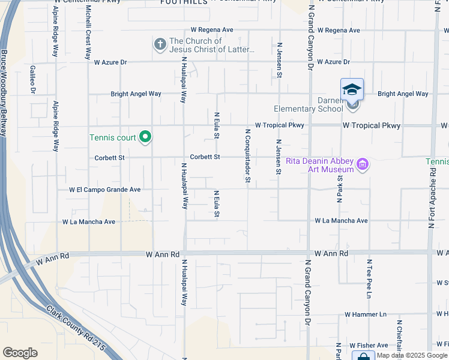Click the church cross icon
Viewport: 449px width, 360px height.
(x=160, y=44)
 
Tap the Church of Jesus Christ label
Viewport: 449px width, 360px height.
(x=212, y=46)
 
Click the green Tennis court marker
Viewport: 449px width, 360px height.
(x=145, y=137)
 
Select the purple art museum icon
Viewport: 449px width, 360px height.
(x=362, y=164)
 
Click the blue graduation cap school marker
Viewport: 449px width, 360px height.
(x=352, y=89)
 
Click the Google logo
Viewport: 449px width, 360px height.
(x=20, y=353)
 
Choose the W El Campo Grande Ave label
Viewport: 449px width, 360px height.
(x=104, y=190)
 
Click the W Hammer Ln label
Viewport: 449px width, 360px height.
(x=366, y=314)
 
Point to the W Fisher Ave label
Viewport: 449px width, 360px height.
(x=366, y=346)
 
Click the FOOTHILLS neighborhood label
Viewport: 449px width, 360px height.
(x=184, y=2)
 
